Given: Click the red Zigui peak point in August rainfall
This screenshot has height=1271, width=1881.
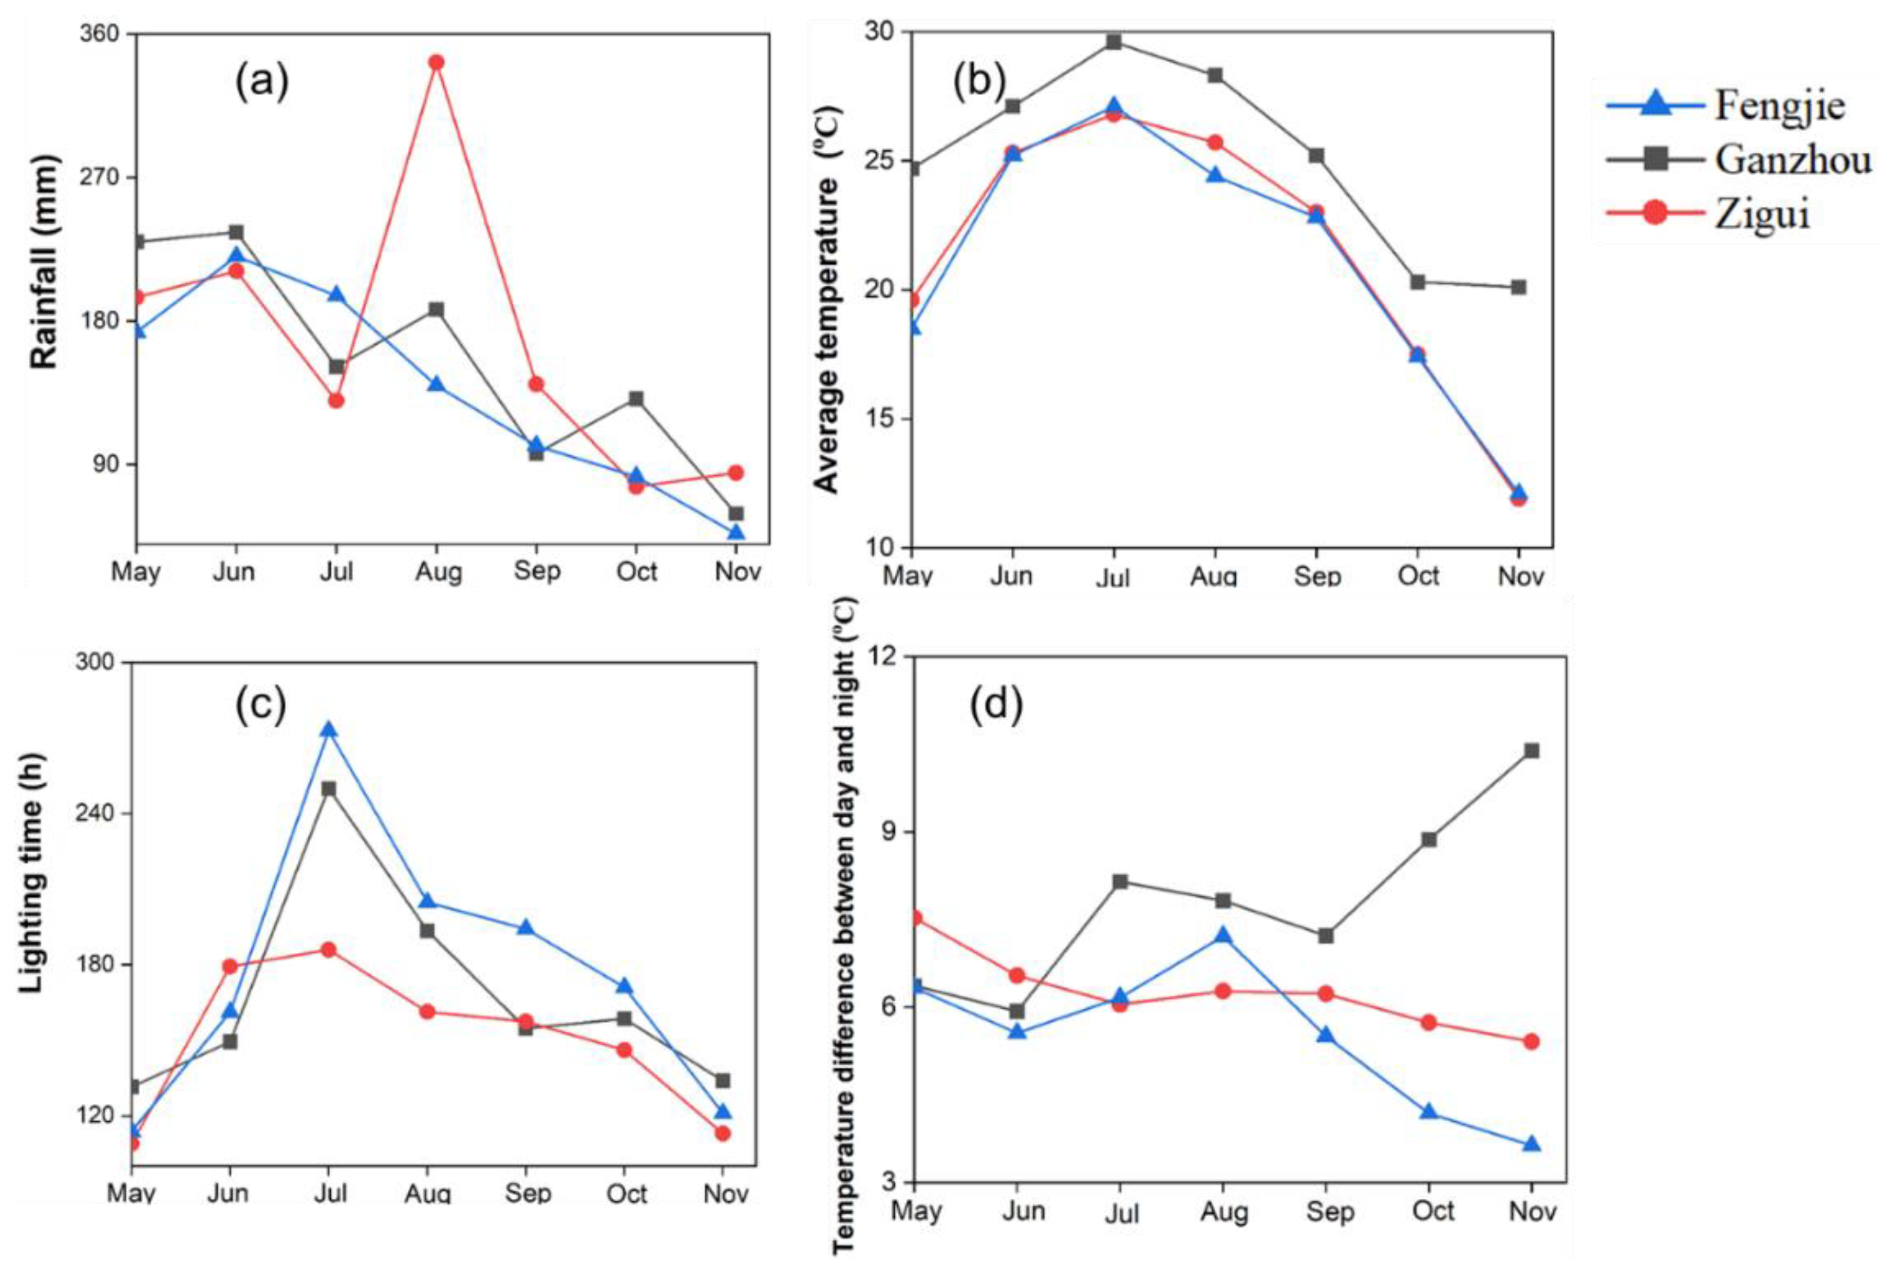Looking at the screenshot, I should pyautogui.click(x=436, y=63).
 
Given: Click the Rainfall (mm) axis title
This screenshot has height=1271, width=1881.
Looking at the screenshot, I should pyautogui.click(x=45, y=262).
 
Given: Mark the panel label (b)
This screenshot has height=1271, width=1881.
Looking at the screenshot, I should pyautogui.click(x=980, y=81).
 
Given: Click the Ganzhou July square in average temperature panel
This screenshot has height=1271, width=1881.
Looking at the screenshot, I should pyautogui.click(x=1114, y=42).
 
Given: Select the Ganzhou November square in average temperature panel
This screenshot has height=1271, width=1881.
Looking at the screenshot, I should pyautogui.click(x=1518, y=288).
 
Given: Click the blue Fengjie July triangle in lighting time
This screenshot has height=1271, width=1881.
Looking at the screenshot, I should pyautogui.click(x=328, y=730).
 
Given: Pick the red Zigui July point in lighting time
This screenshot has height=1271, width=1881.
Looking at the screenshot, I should pyautogui.click(x=328, y=950).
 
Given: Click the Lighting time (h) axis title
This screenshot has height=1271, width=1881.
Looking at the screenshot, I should pyautogui.click(x=31, y=873).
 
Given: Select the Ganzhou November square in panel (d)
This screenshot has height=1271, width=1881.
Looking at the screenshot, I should pyautogui.click(x=1532, y=751).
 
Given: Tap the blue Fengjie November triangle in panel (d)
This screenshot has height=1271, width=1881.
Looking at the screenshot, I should pyautogui.click(x=1532, y=1145).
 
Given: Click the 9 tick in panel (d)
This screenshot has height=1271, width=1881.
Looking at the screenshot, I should pyautogui.click(x=891, y=831).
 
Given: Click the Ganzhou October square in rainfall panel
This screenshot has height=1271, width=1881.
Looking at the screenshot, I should pyautogui.click(x=636, y=398).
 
